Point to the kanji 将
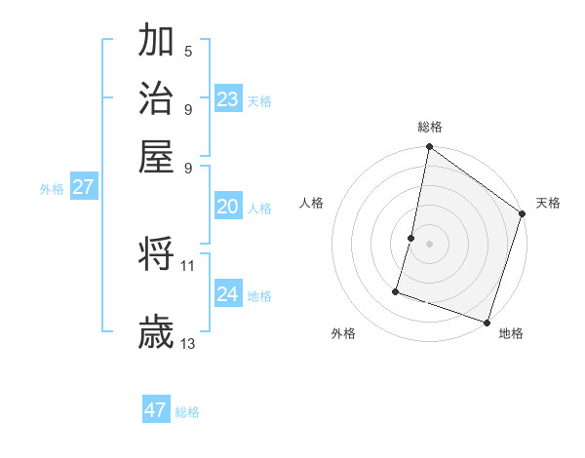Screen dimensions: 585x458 156,254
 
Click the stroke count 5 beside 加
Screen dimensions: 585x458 188,51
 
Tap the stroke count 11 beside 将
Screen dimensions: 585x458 188,264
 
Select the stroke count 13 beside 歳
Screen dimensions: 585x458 188,343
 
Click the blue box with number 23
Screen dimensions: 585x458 228,99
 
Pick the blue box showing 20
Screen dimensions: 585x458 228,207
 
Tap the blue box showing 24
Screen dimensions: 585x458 228,294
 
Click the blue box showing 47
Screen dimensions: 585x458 156,410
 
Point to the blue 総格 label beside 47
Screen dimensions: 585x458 187,412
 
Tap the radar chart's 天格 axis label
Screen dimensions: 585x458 548,203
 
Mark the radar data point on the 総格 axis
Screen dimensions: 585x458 429,148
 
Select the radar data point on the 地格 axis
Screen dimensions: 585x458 486,322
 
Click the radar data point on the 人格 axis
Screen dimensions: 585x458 411,238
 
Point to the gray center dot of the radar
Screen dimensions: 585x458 429,244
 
